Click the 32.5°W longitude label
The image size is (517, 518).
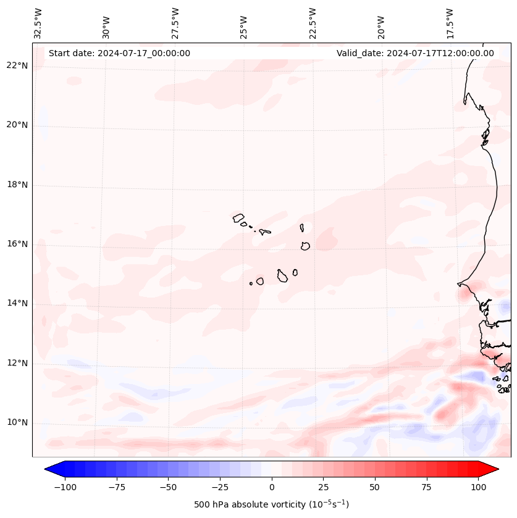pos(38,23)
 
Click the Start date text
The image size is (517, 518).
pos(119,53)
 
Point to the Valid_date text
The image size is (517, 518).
pos(415,53)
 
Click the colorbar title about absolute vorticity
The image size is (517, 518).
pos(271,504)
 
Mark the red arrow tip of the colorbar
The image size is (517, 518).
pos(497,469)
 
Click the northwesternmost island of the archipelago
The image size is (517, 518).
pos(238,217)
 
